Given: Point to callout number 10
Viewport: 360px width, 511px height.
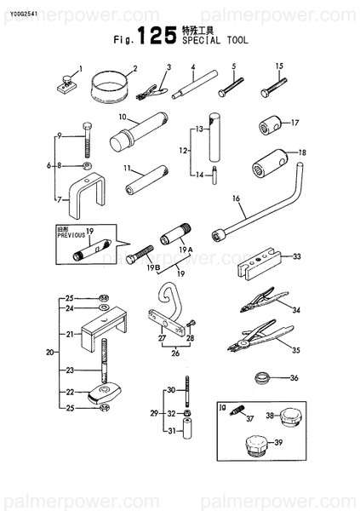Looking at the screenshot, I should [123, 116].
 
